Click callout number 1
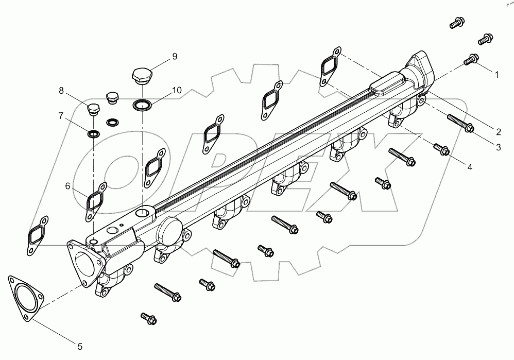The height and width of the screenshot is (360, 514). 496,75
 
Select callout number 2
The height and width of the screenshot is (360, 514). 498,131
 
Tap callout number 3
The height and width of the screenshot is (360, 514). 498,147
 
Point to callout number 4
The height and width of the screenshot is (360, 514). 469,167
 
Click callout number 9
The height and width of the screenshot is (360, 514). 175,56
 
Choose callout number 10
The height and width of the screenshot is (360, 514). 177,90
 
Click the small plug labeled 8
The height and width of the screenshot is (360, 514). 93,110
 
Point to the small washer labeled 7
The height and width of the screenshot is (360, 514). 94,135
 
